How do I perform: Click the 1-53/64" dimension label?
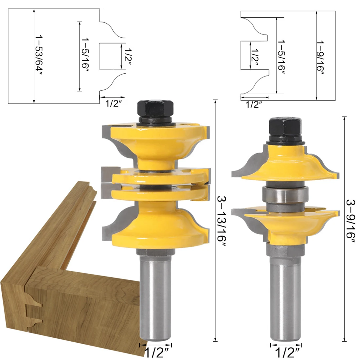tap(39, 55)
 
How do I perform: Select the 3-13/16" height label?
tap(222, 221)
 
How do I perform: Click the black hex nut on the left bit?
tap(155, 109)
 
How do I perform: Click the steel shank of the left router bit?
tap(155, 296)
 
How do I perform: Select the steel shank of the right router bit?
tap(286, 298)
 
